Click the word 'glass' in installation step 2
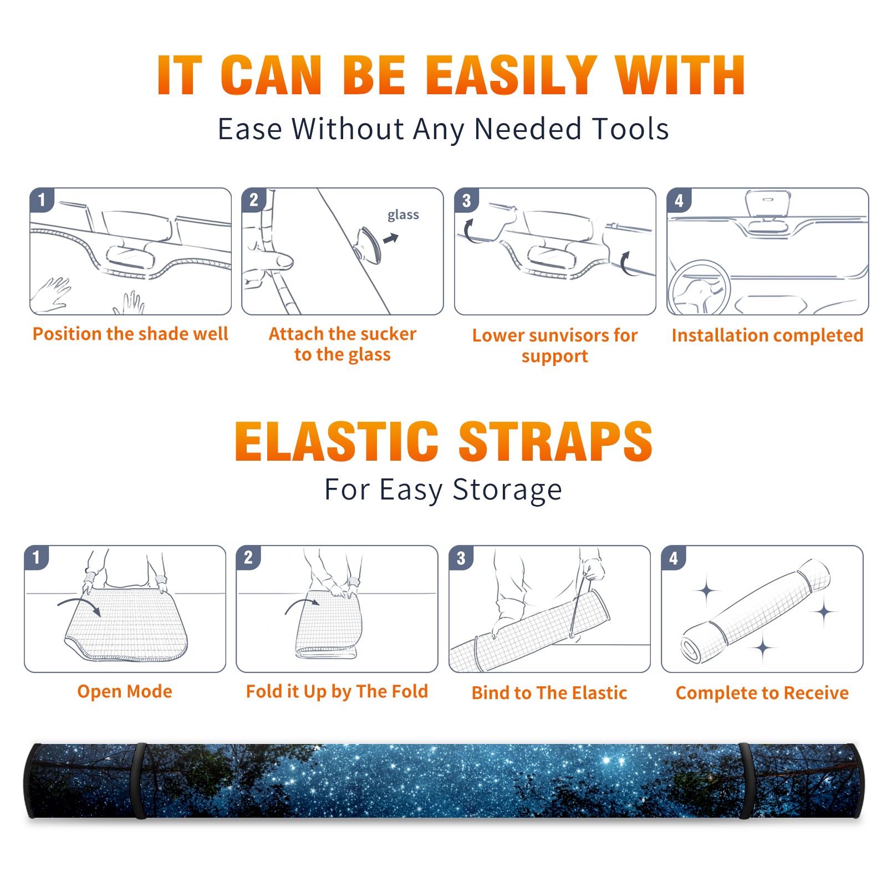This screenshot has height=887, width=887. [403, 215]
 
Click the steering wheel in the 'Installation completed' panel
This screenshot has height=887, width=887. [699, 288]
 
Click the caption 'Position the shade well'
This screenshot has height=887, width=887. [130, 334]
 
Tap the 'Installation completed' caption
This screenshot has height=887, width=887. [767, 335]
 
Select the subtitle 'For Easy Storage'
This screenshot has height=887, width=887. [443, 490]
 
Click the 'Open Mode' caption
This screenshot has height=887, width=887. [125, 692]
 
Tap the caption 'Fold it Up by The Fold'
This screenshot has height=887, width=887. [337, 692]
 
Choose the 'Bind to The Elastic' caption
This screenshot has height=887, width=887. [549, 693]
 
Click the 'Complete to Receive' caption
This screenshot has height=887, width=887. [762, 693]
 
